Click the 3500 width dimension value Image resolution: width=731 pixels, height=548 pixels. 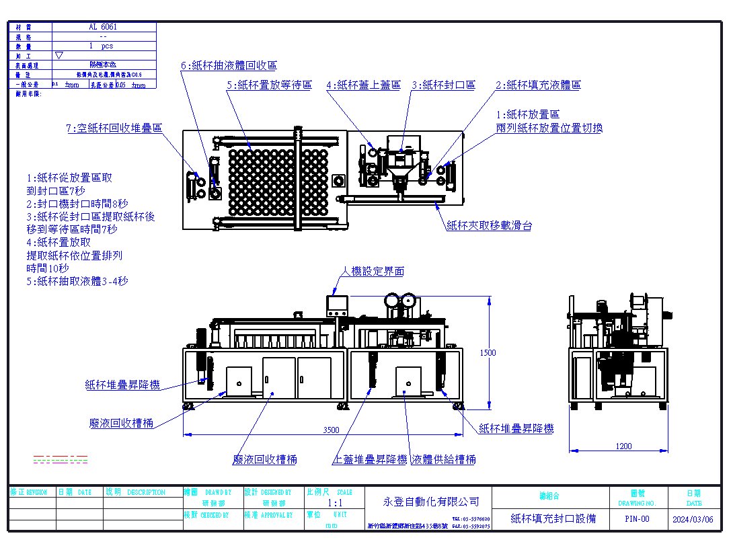(x=332, y=430)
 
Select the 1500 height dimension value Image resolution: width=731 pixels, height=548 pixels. (x=488, y=353)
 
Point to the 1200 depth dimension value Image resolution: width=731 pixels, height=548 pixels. (x=624, y=446)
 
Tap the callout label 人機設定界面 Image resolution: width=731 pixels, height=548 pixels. (x=373, y=271)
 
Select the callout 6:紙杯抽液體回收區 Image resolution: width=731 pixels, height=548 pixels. (x=229, y=65)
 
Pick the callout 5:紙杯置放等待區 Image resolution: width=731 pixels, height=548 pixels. (x=269, y=85)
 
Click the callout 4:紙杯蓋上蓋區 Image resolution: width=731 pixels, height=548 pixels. (x=363, y=85)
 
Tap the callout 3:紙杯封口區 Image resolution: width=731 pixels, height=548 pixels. (x=444, y=85)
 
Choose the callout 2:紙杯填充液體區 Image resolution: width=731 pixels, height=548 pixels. (x=538, y=85)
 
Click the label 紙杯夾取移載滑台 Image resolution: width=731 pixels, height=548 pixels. (x=490, y=226)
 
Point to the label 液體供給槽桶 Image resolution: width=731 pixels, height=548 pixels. (x=444, y=459)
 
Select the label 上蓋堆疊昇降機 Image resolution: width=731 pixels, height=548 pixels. (x=371, y=459)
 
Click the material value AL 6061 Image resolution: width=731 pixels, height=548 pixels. (x=103, y=27)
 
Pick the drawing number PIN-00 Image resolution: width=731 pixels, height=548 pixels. (x=637, y=518)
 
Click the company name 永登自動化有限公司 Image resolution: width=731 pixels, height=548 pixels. (x=431, y=502)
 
